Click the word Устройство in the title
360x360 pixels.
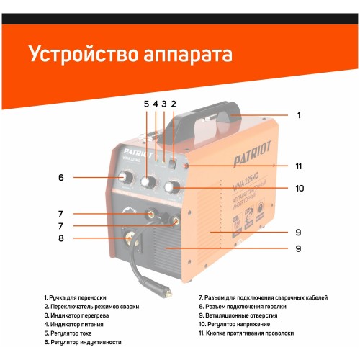pyautogui.click(x=78, y=55)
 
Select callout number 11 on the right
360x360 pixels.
pyautogui.click(x=298, y=166)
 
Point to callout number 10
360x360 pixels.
pyautogui.click(x=298, y=189)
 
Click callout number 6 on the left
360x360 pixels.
pyautogui.click(x=61, y=177)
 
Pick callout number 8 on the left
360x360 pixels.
pyautogui.click(x=61, y=238)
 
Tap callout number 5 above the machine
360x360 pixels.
pyautogui.click(x=145, y=104)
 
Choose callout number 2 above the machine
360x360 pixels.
pyautogui.click(x=173, y=104)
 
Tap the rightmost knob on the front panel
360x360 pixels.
pyautogui.click(x=171, y=188)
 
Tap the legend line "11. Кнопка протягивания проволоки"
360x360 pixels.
pyautogui.click(x=246, y=333)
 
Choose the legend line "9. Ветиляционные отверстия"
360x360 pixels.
pyautogui.click(x=238, y=315)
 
